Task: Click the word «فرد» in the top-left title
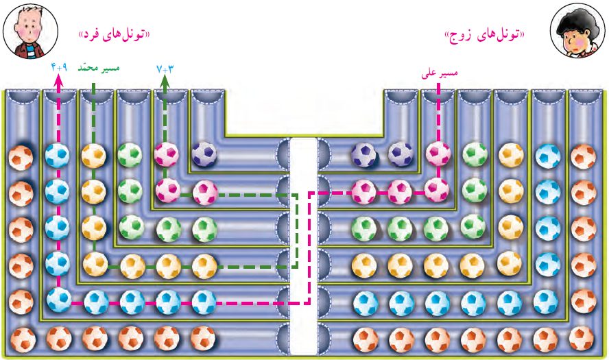(93, 34)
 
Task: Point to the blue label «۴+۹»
(59, 68)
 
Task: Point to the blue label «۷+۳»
(165, 68)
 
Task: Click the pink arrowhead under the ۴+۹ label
(59, 80)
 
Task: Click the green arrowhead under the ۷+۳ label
(165, 80)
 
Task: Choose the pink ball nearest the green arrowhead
(167, 152)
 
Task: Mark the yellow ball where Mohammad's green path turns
(95, 262)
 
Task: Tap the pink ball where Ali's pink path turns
(435, 189)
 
